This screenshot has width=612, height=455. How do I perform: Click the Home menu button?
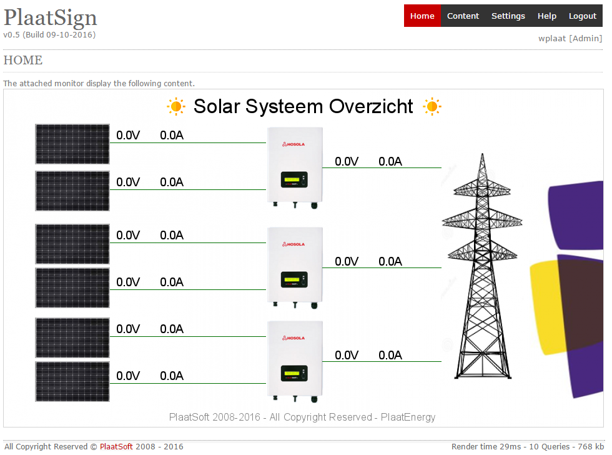422,16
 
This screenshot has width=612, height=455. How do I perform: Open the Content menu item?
463,16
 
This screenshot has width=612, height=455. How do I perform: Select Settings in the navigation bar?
508,16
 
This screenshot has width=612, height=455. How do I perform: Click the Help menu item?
547,16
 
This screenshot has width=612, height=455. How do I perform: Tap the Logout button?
582,16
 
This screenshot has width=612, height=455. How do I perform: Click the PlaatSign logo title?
51,18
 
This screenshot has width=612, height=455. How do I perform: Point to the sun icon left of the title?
176,106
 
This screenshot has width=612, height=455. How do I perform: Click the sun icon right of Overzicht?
432,106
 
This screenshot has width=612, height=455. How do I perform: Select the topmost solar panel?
72,144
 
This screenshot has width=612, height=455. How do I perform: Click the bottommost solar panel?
72,382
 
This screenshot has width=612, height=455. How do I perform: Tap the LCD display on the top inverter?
294,179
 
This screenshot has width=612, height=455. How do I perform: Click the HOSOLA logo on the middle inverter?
294,244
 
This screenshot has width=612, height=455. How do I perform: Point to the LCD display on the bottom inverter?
294,373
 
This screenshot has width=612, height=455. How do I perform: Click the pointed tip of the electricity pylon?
482,154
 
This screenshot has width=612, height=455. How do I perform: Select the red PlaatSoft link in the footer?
116,446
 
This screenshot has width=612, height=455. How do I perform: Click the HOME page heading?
23,60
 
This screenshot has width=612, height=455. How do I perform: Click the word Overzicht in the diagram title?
371,106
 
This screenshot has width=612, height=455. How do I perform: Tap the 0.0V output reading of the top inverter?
347,161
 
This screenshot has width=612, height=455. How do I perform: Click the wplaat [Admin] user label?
570,38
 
